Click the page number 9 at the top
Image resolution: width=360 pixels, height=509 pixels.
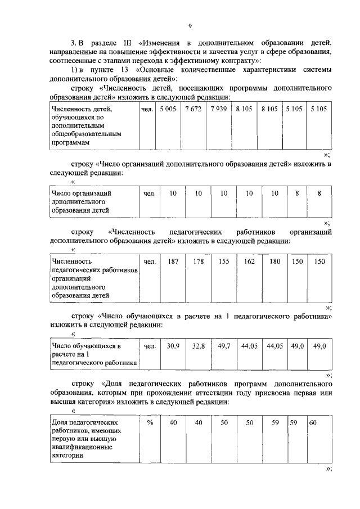coord(190,25)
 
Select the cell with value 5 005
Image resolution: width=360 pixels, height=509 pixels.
coord(168,108)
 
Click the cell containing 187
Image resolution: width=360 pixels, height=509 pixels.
coord(173,262)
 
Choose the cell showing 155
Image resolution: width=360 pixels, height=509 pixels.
coord(224,262)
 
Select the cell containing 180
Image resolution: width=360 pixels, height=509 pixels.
coord(274,262)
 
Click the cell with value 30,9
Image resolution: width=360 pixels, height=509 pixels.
coord(173,346)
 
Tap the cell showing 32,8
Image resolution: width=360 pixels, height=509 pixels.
coord(198,346)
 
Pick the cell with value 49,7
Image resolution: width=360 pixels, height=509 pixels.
coord(224,346)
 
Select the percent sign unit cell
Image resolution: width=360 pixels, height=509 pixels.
coord(150,422)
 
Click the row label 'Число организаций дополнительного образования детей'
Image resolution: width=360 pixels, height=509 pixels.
coord(80,202)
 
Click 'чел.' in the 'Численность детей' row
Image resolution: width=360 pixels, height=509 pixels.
coord(147,108)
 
